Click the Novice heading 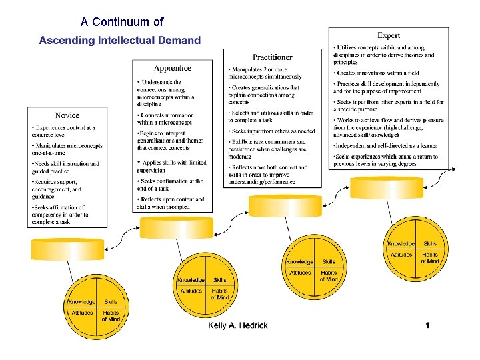[x=67, y=115]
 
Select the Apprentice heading [x=173, y=68]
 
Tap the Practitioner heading [x=272, y=58]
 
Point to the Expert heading [x=389, y=35]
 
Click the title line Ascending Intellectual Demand [x=120, y=40]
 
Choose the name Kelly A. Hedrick [x=238, y=325]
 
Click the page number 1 [x=427, y=325]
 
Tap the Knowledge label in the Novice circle [x=82, y=302]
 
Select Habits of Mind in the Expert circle [x=430, y=257]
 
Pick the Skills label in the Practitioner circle [x=329, y=262]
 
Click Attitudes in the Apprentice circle [x=192, y=291]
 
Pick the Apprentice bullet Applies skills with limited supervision [x=173, y=166]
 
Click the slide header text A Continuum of [x=122, y=22]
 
